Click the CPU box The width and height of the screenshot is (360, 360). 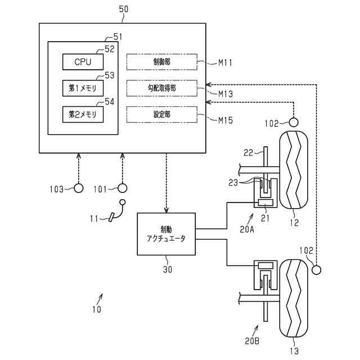point(83,62)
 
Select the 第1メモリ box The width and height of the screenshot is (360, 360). point(83,88)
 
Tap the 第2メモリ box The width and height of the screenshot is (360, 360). point(83,114)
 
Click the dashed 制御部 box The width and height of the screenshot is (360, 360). point(162,62)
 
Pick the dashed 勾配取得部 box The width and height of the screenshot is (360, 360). point(162,88)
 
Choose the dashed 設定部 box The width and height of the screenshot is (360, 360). point(162,114)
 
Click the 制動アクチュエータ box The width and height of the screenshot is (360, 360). point(166,234)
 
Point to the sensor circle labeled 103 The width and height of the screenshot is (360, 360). point(78,188)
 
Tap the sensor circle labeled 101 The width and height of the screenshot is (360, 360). point(122,188)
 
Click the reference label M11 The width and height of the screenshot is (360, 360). point(225,62)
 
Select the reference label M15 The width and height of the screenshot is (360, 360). point(226,120)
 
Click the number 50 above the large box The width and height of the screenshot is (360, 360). point(124,9)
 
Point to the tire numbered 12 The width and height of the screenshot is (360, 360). point(293,170)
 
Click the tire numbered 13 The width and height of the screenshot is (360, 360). point(293,298)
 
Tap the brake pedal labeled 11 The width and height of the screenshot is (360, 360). point(112,217)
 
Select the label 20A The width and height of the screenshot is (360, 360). point(247,229)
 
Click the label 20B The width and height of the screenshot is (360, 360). point(252,341)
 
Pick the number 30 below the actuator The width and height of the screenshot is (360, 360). point(168,269)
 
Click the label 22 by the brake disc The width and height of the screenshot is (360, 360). point(248,152)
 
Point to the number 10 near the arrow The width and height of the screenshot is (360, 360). point(97,309)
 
